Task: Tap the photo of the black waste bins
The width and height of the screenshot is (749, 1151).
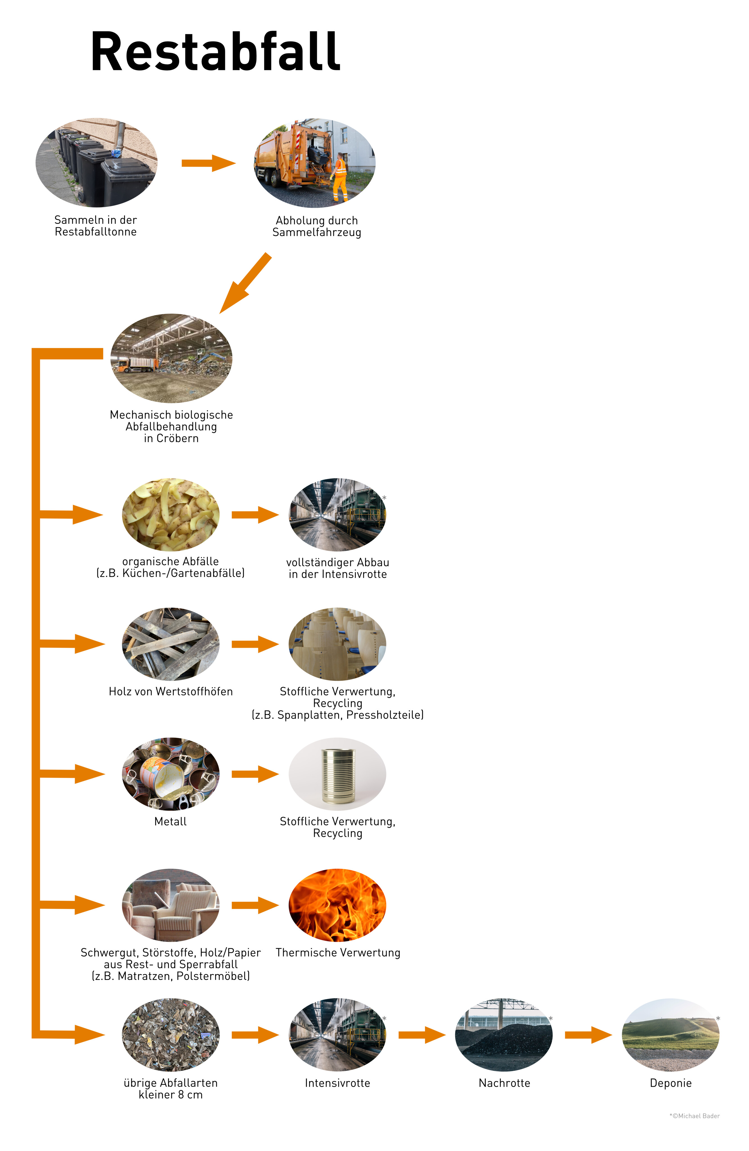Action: point(97,163)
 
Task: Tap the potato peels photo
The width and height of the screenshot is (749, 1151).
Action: point(170,515)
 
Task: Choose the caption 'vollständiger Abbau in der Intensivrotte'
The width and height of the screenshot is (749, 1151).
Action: point(337,568)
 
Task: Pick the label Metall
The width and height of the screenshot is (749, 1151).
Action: point(170,821)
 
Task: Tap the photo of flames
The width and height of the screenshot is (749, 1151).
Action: point(337,905)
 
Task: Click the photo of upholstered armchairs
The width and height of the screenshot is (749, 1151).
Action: point(170,905)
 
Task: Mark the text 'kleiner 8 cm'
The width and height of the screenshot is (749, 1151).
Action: point(170,1095)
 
